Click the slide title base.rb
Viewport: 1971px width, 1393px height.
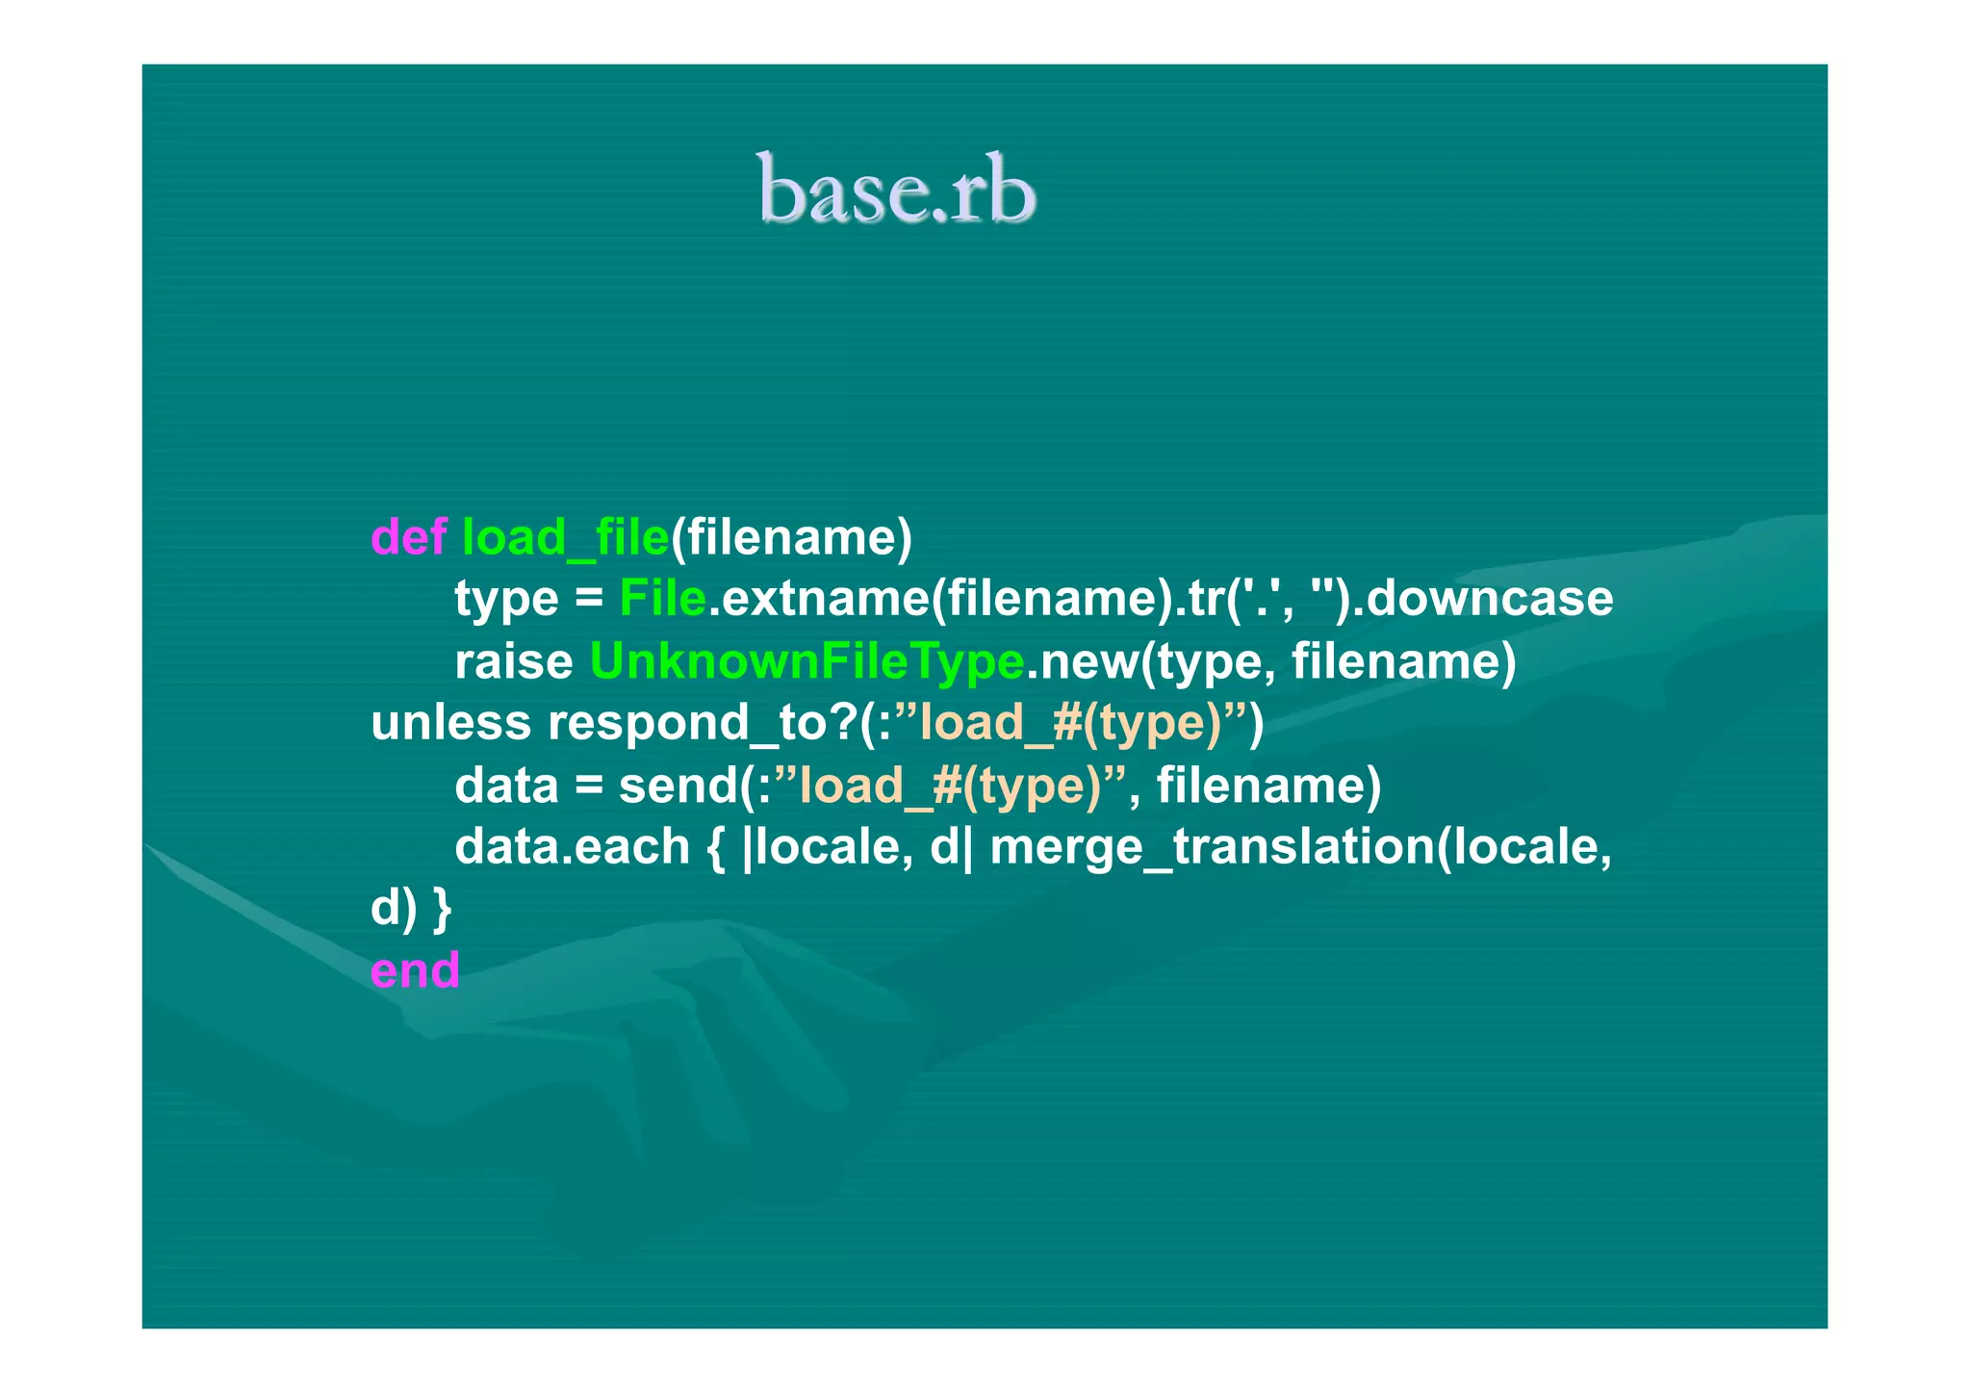click(x=896, y=190)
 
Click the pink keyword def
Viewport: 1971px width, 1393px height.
click(x=408, y=537)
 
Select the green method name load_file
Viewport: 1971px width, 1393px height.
click(x=565, y=537)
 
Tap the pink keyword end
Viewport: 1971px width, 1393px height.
click(x=415, y=970)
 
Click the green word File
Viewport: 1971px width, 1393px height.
click(x=662, y=599)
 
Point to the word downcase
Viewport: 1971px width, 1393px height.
click(x=1489, y=599)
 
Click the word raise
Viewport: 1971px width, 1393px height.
click(x=513, y=661)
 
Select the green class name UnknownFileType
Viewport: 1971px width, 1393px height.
click(x=806, y=661)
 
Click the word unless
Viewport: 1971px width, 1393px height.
click(x=450, y=723)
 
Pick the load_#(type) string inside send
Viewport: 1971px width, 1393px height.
click(x=951, y=786)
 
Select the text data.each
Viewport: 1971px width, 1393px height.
click(x=572, y=847)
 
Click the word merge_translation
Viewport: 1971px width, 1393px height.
click(x=1212, y=847)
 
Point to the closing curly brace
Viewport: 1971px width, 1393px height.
click(x=442, y=909)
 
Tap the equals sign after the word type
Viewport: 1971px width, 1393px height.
click(x=588, y=600)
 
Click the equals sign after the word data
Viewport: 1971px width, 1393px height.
click(x=588, y=787)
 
